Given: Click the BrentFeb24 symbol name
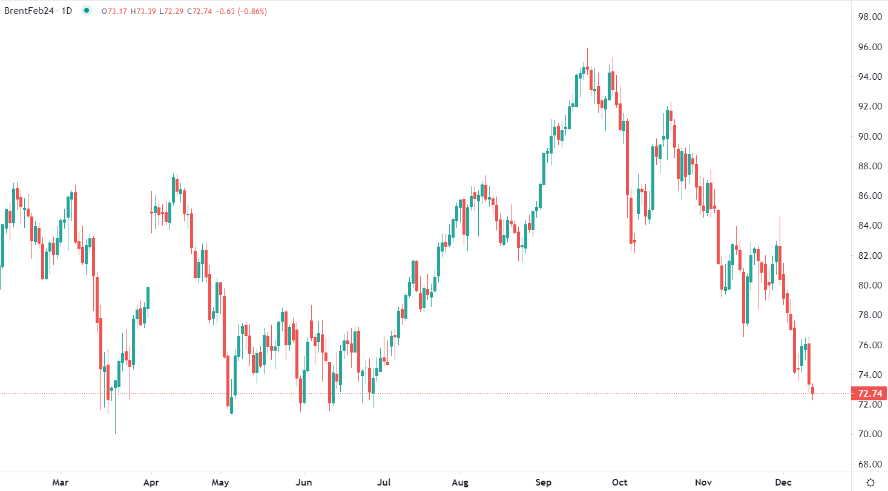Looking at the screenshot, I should coord(31,11).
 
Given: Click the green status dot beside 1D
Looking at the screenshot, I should coord(87,10).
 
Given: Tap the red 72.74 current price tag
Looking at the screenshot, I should coord(868,394).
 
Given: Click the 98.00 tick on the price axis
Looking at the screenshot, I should coord(867,17).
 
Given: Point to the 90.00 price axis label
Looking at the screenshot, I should coord(867,137).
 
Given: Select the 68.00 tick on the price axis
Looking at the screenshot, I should coord(867,464).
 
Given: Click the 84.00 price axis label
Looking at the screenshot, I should coord(867,226).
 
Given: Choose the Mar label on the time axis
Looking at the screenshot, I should coord(60,482).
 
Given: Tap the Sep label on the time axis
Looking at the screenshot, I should coord(543,482).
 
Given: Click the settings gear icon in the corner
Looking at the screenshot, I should coord(870,482).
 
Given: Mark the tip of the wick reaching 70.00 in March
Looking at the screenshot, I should coord(115,434).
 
